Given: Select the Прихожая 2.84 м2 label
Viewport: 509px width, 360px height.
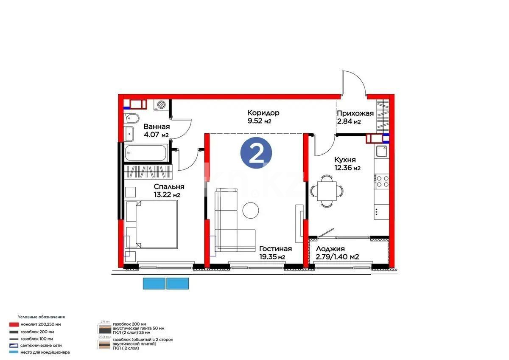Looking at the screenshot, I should coord(355,117).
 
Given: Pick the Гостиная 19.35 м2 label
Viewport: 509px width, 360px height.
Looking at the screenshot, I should coord(275,253).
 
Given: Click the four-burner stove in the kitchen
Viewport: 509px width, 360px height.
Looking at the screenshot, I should coord(382,181).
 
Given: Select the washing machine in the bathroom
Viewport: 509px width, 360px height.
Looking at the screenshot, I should coord(162,104).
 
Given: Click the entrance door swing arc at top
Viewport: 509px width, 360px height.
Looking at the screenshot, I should coord(353,81).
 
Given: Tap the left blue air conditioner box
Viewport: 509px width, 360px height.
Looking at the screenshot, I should coord(154,283).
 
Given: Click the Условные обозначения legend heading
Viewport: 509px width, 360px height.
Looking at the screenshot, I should coord(41,317).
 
